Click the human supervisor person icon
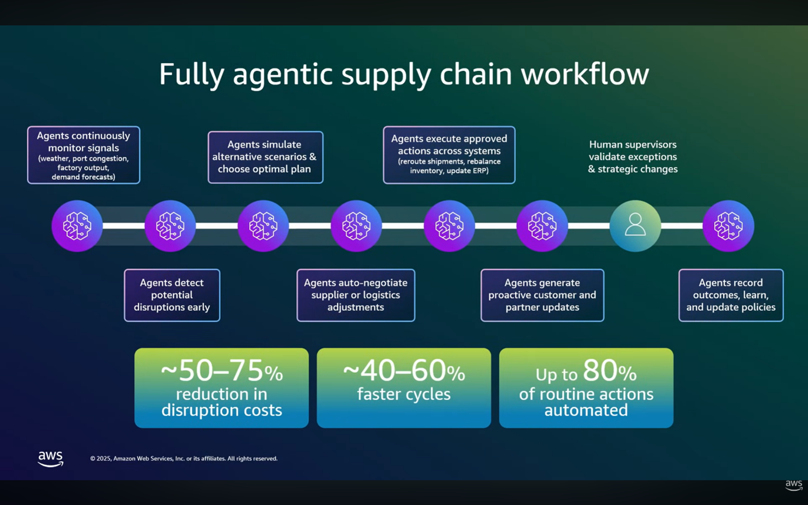pyautogui.click(x=635, y=225)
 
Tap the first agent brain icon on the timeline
pyautogui.click(x=77, y=225)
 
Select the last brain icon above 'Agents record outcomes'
pyautogui.click(x=728, y=225)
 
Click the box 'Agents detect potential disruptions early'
pyautogui.click(x=172, y=295)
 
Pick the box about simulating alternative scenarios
pyautogui.click(x=265, y=157)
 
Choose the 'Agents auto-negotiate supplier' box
pyautogui.click(x=355, y=295)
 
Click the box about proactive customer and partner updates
pyautogui.click(x=542, y=295)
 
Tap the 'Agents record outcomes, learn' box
pyautogui.click(x=731, y=295)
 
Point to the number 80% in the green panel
pyautogui.click(x=609, y=372)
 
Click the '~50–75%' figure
pyautogui.click(x=221, y=372)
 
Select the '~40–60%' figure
pyautogui.click(x=404, y=372)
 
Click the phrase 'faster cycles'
pyautogui.click(x=404, y=393)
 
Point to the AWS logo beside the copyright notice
pyautogui.click(x=51, y=458)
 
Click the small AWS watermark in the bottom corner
pyautogui.click(x=794, y=485)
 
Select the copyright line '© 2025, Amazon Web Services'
pyautogui.click(x=184, y=458)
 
